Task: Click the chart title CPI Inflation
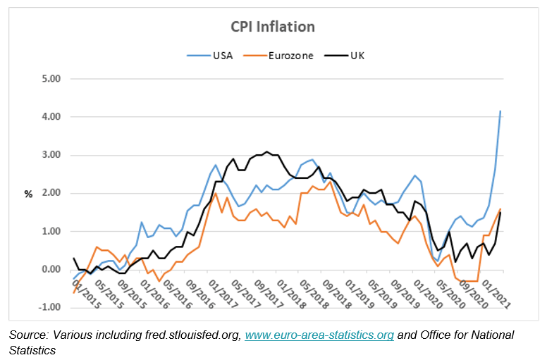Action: tap(273, 27)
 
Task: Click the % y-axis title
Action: tap(28, 194)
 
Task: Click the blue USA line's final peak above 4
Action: tap(500, 111)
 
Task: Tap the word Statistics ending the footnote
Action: tap(32, 349)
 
